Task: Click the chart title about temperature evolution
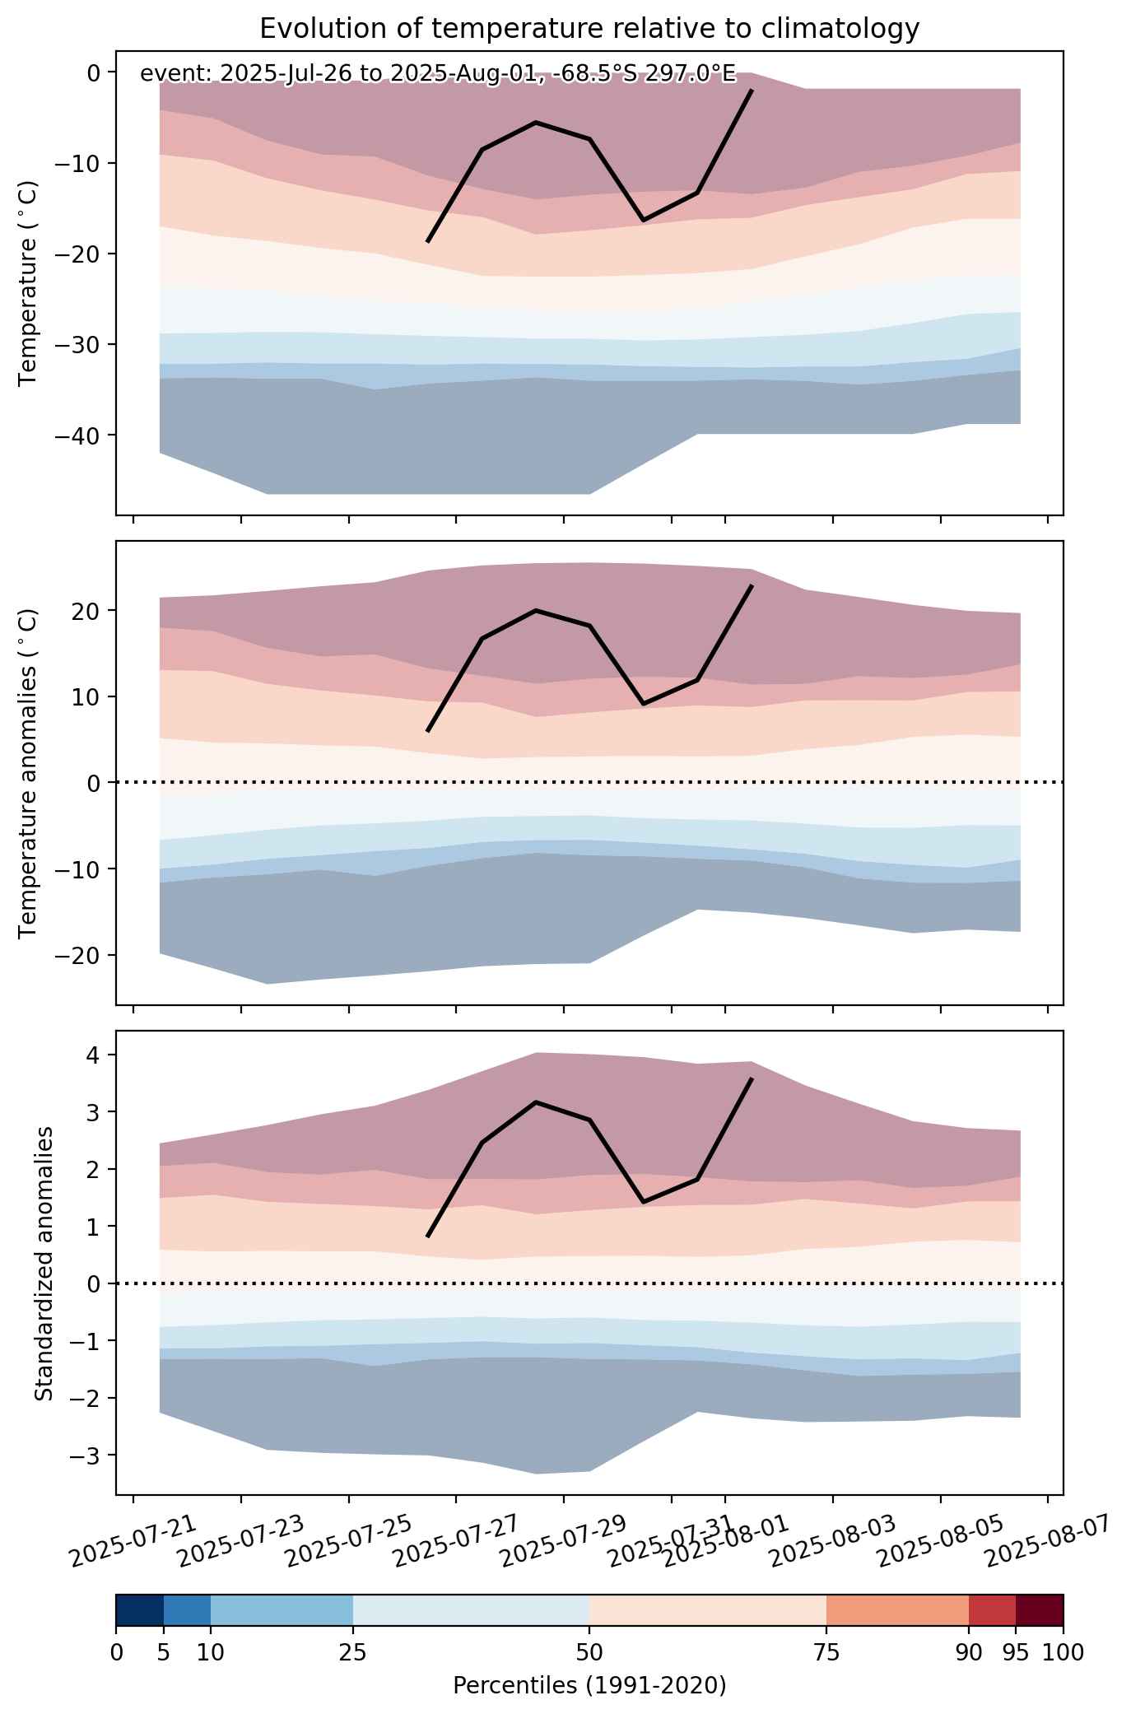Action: [589, 29]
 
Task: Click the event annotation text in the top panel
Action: [438, 74]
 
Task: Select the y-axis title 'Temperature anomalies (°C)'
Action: [29, 773]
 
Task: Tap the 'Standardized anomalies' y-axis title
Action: [44, 1263]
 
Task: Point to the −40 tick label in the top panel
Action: [77, 435]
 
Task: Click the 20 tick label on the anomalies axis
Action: [89, 611]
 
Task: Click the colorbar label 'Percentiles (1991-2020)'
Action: [589, 1686]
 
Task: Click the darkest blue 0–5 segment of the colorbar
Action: [140, 1610]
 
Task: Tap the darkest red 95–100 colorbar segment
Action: [1040, 1610]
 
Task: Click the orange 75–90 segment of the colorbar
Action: [897, 1610]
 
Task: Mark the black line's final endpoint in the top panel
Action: [752, 90]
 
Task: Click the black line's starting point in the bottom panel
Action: [428, 1237]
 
